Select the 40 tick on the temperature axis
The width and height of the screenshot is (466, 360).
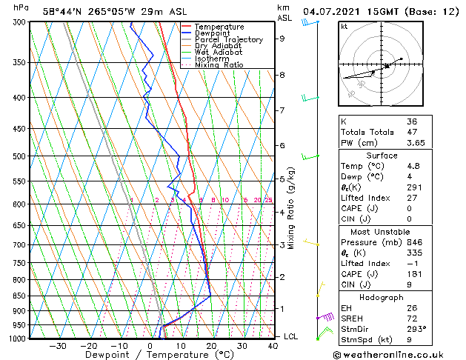click(x=273, y=346)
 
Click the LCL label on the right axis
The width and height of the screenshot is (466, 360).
click(x=291, y=336)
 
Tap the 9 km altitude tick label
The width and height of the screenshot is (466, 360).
click(x=282, y=39)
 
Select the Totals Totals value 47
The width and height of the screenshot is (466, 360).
click(x=411, y=132)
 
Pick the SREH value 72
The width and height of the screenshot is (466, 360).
click(x=411, y=319)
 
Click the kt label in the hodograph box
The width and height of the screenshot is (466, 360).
click(x=344, y=26)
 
